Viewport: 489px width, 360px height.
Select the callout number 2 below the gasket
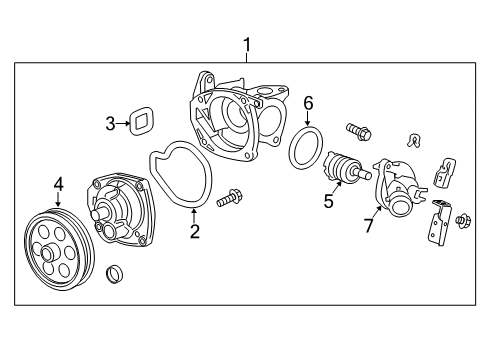click(195, 232)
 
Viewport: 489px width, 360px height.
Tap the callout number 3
click(110, 124)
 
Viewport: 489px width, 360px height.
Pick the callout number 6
click(308, 103)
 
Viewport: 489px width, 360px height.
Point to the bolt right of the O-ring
click(359, 129)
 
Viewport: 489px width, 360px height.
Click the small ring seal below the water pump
click(116, 271)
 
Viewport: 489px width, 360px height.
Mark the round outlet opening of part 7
click(401, 211)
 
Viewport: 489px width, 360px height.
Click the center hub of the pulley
click(47, 256)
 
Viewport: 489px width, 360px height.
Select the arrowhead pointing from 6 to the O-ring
click(308, 123)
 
